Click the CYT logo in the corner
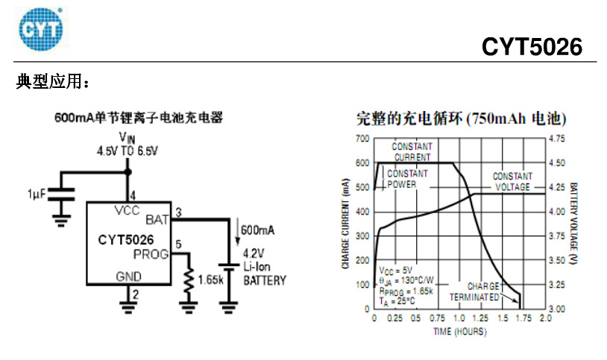[x=42, y=28]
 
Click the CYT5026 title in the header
[x=531, y=47]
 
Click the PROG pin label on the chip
[x=152, y=254]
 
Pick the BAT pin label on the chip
[x=157, y=219]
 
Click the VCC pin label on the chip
[x=127, y=210]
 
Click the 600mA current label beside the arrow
[x=257, y=230]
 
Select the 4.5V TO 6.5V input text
[x=128, y=151]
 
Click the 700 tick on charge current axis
[x=362, y=139]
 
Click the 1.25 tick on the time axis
[x=480, y=318]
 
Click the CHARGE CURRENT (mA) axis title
[x=347, y=224]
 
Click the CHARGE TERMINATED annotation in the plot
[x=477, y=291]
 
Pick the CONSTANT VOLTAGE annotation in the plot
[x=512, y=181]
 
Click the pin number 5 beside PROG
[x=177, y=244]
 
